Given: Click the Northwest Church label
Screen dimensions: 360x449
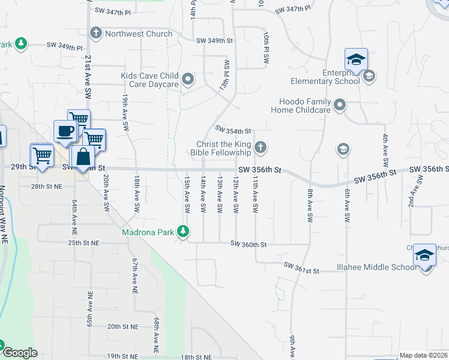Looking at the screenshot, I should pos(139,34).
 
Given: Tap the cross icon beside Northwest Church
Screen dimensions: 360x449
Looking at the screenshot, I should pos(95,33).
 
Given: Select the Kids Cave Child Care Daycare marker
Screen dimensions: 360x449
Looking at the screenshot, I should pos(188,79).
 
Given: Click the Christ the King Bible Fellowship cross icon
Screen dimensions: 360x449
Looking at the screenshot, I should pos(261,147).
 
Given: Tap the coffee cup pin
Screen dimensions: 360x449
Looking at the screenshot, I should pos(65,131).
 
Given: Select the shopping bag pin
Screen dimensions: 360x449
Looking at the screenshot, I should pos(83,158).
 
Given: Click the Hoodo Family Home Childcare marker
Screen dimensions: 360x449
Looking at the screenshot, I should pos(340,106).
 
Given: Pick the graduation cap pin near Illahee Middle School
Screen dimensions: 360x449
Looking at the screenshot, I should pos(424,255).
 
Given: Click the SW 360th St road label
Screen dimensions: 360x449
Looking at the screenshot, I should pos(248,244).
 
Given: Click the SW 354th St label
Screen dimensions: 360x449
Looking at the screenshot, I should pos(233,131).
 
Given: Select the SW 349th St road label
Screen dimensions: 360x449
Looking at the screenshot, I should pos(214,41).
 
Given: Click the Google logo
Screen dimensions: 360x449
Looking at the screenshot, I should pos(19,353).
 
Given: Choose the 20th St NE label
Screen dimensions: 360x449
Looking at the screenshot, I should pos(122,326).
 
